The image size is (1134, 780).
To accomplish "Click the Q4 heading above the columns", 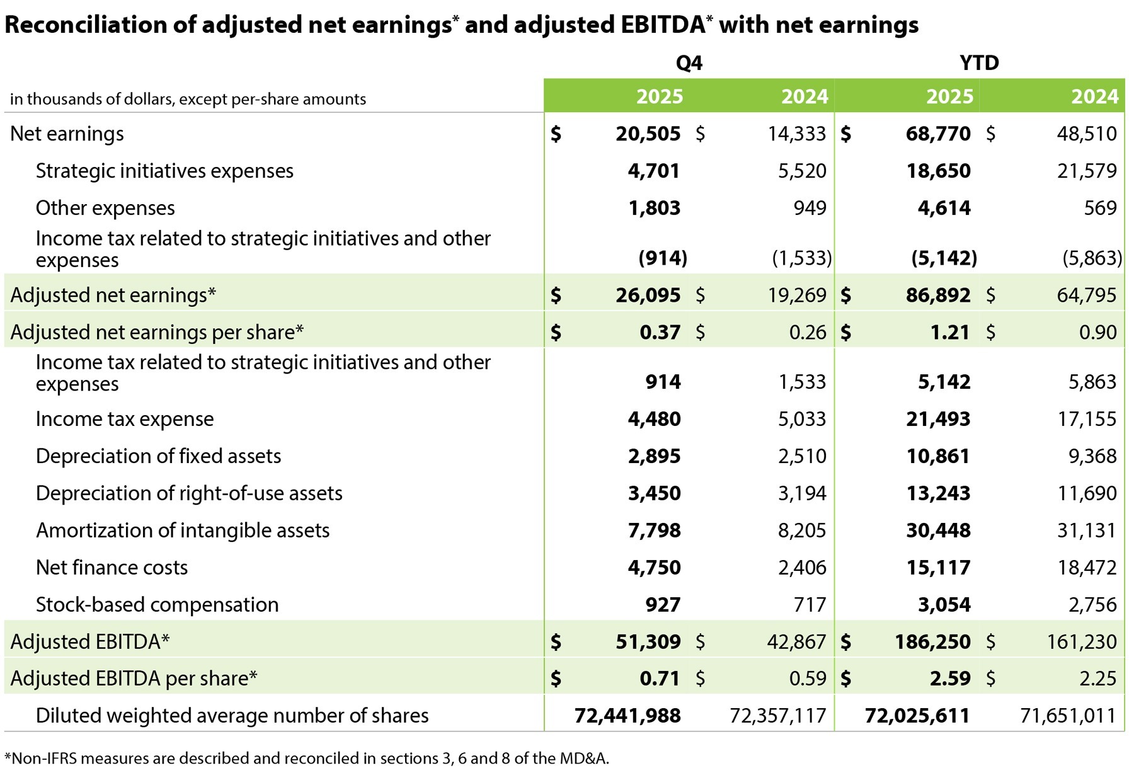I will [x=689, y=63].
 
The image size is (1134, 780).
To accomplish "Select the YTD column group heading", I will [x=979, y=63].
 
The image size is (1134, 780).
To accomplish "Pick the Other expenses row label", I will [x=105, y=208].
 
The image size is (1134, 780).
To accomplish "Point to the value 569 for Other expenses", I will [x=1100, y=208].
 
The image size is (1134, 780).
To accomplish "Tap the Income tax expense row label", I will [x=125, y=419].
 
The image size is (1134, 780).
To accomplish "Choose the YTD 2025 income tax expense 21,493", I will [x=938, y=419].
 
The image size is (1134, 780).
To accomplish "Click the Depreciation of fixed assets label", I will [x=158, y=456].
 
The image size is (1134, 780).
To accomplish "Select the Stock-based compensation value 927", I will [x=663, y=605].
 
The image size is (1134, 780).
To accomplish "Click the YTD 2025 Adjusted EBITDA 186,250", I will [x=932, y=642].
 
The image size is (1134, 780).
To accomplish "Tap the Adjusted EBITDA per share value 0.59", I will [x=808, y=679].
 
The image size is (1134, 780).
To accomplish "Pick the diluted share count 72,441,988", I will [x=627, y=716].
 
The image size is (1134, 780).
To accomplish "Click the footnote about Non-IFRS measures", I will [x=307, y=758].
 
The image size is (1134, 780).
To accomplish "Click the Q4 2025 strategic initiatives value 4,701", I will [x=653, y=171].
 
